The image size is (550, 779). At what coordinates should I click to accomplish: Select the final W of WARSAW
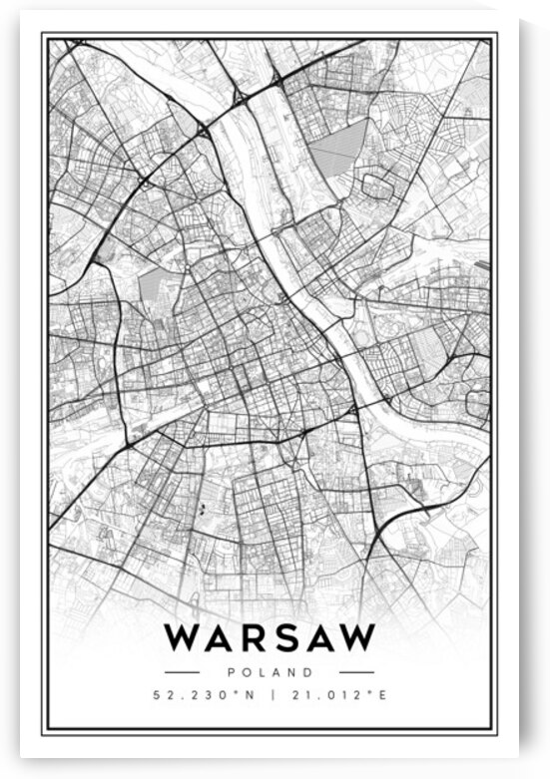[x=357, y=637]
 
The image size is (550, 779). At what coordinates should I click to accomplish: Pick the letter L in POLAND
[x=261, y=671]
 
